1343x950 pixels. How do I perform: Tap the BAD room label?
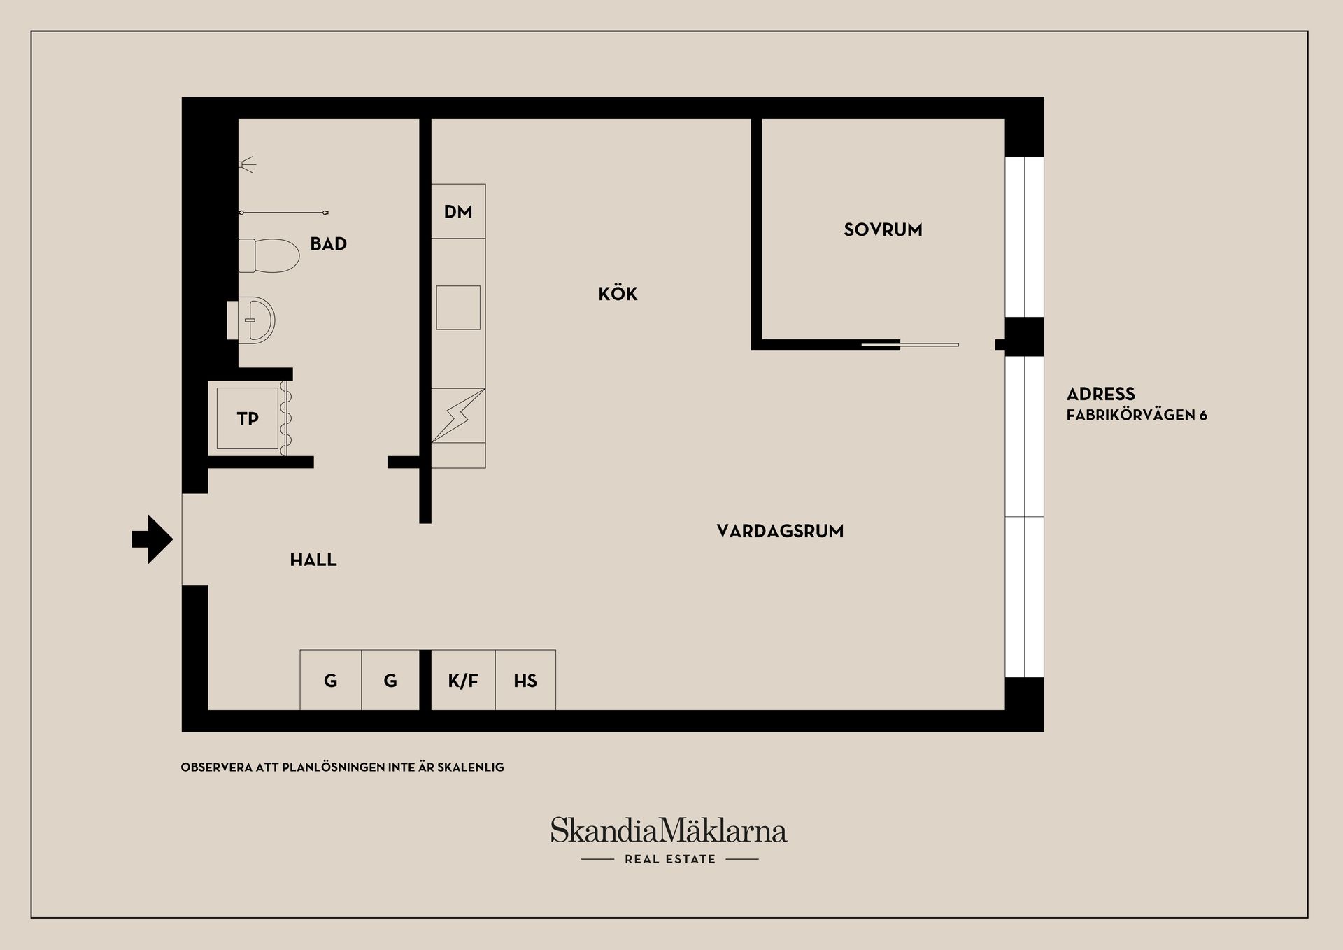click(329, 244)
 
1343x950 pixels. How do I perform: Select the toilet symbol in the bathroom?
click(268, 255)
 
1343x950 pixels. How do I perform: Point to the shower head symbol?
click(246, 166)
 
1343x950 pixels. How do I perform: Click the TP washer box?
click(248, 419)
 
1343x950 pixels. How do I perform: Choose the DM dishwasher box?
click(458, 212)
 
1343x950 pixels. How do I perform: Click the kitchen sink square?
click(458, 308)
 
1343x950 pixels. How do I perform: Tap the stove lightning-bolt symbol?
click(458, 416)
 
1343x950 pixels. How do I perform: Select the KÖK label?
click(618, 294)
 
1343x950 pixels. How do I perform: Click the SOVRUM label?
click(883, 230)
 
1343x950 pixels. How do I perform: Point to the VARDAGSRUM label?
click(780, 532)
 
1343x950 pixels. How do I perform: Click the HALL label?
click(313, 560)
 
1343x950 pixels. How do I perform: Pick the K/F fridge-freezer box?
click(463, 681)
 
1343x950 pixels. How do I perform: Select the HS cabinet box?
click(525, 681)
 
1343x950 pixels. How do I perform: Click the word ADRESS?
click(1100, 394)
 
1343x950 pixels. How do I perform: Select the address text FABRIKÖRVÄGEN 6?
click(1137, 416)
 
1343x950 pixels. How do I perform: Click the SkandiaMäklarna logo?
click(669, 831)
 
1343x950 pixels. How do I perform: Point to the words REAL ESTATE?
click(670, 859)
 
